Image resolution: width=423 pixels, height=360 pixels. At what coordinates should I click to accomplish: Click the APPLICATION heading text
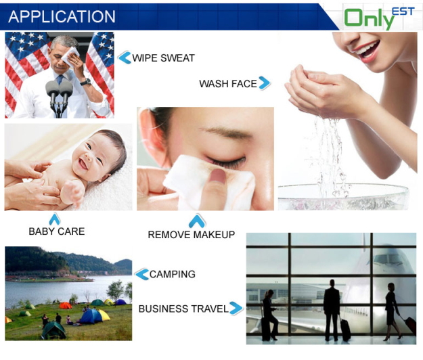[x=62, y=16]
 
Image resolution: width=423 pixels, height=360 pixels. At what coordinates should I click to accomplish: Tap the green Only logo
[x=370, y=18]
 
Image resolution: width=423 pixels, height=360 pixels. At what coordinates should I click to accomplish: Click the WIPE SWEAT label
[x=164, y=58]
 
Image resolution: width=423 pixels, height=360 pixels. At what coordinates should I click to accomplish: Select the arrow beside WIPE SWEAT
[x=125, y=58]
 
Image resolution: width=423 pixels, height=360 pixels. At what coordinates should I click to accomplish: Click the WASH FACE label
[x=228, y=84]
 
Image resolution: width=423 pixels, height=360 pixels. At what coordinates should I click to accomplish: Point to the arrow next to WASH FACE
[x=265, y=83]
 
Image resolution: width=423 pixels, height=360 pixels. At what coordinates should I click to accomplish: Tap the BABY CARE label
[x=57, y=231]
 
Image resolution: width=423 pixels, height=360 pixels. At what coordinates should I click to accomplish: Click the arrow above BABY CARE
[x=55, y=219]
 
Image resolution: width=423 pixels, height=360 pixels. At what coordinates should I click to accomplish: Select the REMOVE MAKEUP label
[x=192, y=235]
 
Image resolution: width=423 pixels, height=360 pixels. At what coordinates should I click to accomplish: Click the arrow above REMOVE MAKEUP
[x=197, y=221]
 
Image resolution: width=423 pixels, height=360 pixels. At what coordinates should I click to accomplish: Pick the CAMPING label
[x=173, y=274]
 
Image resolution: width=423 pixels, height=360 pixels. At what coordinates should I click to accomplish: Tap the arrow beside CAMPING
[x=142, y=275]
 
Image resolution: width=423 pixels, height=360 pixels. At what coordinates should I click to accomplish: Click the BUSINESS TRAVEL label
[x=183, y=309]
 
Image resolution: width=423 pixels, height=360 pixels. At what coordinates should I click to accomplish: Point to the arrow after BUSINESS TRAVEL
[x=236, y=308]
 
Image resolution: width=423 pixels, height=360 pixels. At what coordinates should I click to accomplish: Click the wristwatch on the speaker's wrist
[x=85, y=82]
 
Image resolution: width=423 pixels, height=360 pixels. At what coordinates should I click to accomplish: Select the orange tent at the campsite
[x=65, y=305]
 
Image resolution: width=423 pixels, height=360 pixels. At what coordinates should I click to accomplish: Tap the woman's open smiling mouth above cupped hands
[x=368, y=51]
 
